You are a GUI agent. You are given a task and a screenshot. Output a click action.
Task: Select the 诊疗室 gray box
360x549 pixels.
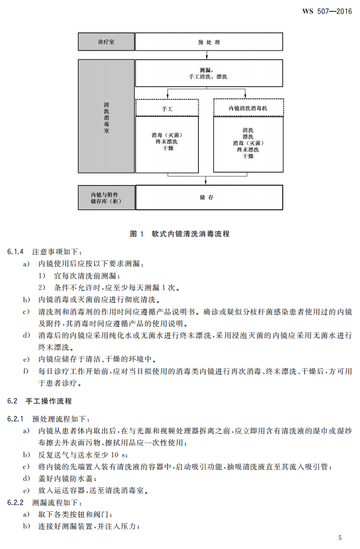[106, 42]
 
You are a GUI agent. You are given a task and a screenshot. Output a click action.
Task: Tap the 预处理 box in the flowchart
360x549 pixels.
[209, 42]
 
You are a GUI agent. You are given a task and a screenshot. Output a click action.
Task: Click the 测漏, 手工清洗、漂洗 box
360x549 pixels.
[209, 73]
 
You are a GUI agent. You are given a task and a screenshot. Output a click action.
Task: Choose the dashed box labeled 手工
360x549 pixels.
[167, 107]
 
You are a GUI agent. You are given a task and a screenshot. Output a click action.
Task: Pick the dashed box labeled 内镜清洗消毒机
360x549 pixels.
[248, 107]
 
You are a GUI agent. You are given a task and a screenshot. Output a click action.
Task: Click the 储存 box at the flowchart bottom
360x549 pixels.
[209, 198]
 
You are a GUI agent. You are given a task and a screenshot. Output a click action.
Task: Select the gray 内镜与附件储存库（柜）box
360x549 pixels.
[106, 198]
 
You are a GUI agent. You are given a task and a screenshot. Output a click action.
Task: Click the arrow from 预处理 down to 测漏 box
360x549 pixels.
[208, 55]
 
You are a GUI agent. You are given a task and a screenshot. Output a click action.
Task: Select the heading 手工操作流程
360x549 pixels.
[49, 401]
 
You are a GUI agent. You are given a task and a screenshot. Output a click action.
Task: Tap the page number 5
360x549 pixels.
[340, 537]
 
